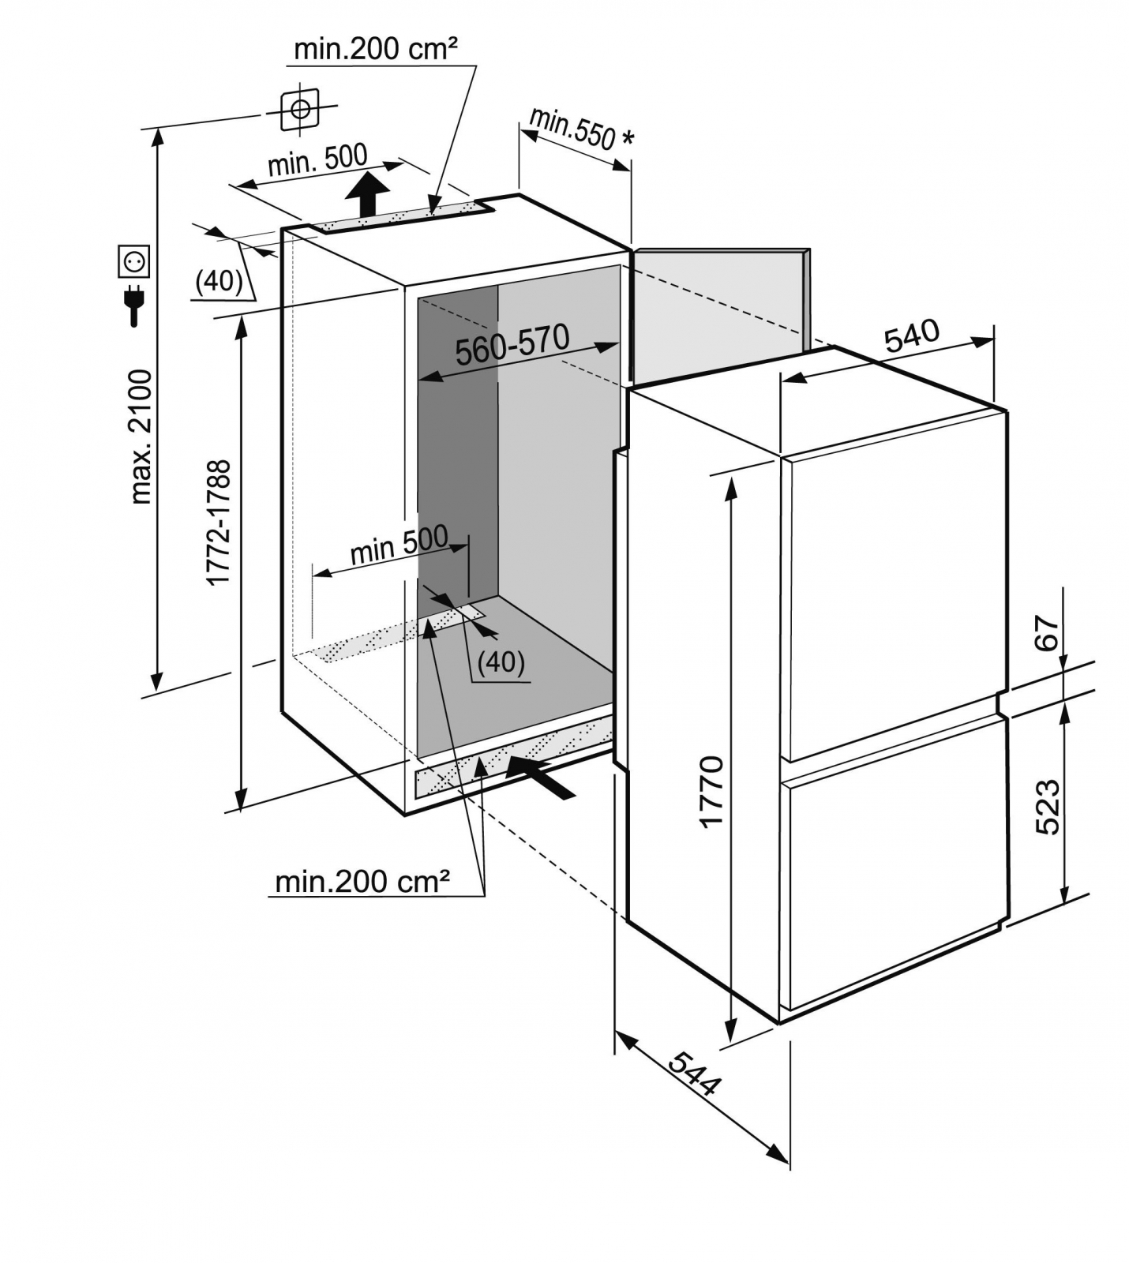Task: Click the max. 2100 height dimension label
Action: pyautogui.click(x=142, y=437)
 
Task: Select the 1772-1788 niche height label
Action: pyautogui.click(x=219, y=522)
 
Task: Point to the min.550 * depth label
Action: pyautogui.click(x=580, y=128)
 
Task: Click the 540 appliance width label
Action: pyautogui.click(x=912, y=335)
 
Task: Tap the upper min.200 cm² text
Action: pyautogui.click(x=375, y=49)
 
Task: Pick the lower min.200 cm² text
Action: pyautogui.click(x=362, y=881)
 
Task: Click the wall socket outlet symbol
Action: pyautogui.click(x=133, y=260)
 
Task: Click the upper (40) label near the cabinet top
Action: pyautogui.click(x=219, y=280)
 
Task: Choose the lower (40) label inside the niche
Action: pyautogui.click(x=501, y=661)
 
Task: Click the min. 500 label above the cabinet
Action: pyautogui.click(x=317, y=162)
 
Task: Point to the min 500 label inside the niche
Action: pyautogui.click(x=399, y=545)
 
